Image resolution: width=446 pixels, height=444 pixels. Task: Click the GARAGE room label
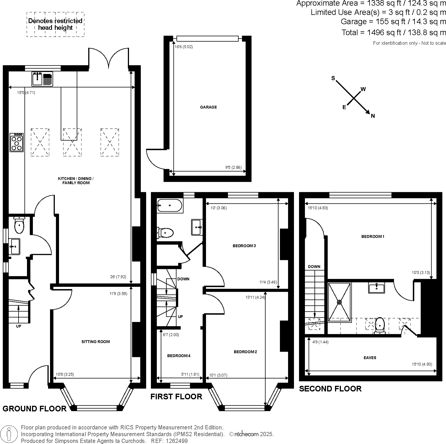tap(208, 107)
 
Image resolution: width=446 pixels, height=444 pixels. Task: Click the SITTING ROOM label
tap(96, 342)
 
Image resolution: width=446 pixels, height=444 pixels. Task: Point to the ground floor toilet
tap(19, 225)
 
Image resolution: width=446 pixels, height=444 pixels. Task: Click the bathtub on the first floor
tap(170, 205)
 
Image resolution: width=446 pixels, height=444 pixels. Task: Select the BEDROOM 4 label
tap(179, 356)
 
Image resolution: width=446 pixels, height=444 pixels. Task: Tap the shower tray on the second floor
tap(339, 302)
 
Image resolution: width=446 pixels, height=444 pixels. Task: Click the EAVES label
tap(370, 358)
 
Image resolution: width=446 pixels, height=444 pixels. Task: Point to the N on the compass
tap(373, 116)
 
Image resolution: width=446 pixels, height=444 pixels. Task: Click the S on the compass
tap(333, 78)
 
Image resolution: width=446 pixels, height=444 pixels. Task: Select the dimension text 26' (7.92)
tap(118, 277)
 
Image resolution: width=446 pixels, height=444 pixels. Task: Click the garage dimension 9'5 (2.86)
tap(233, 167)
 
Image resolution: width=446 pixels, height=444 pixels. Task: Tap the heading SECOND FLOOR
tap(330, 389)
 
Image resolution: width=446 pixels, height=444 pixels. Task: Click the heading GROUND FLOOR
tap(34, 408)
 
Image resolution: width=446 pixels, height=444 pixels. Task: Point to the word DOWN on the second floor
tap(314, 267)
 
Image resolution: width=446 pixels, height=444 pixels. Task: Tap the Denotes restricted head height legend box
tap(55, 24)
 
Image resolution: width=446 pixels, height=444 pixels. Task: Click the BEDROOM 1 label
tap(373, 237)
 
